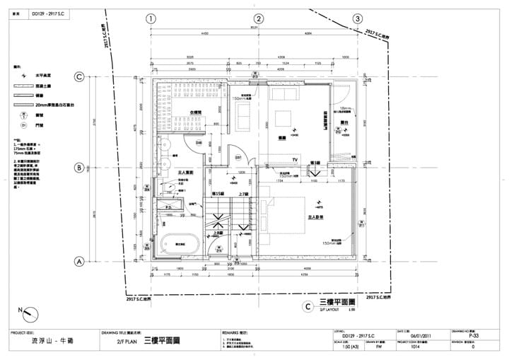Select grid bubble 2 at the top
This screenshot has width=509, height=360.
coord(259,18)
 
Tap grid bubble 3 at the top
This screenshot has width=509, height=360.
coord(358,18)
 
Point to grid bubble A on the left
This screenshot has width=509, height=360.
coord(80,261)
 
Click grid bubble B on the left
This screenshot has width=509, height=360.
coord(80,168)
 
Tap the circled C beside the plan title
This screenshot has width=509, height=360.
coord(307,307)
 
